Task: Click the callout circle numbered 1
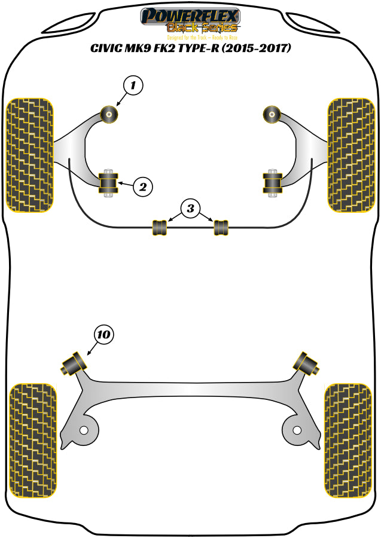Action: pyautogui.click(x=133, y=86)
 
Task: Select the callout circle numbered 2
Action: pyautogui.click(x=142, y=187)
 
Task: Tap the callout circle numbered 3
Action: pyautogui.click(x=190, y=209)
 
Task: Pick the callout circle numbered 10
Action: pyautogui.click(x=103, y=335)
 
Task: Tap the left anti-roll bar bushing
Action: pyautogui.click(x=160, y=227)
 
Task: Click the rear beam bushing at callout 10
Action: pyautogui.click(x=74, y=363)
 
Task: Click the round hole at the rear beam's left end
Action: pyautogui.click(x=84, y=430)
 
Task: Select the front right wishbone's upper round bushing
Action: pyautogui.click(x=272, y=112)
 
